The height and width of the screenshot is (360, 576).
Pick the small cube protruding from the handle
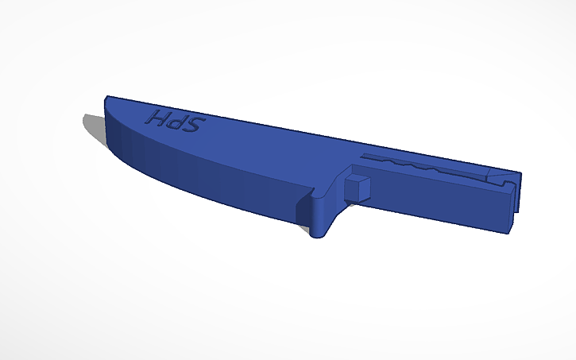358,188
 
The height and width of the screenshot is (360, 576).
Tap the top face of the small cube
358,180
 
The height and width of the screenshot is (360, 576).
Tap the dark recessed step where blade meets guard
302,209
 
